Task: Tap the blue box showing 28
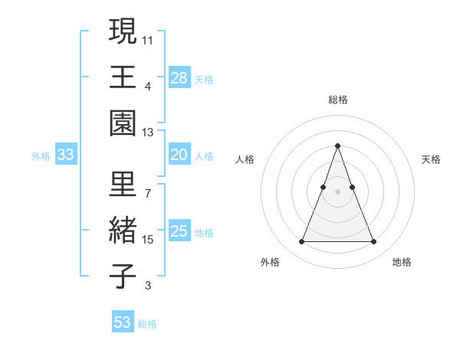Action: pos(179,77)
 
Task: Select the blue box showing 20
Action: pos(179,155)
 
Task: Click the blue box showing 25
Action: pos(179,231)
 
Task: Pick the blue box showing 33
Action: pos(66,155)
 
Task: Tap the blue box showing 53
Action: pos(123,322)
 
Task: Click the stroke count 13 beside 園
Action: pos(147,133)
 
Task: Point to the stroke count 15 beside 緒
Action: pos(147,240)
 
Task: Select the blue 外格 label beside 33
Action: pos(41,156)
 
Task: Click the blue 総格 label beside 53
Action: pos(147,324)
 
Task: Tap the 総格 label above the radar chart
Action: pos(337,100)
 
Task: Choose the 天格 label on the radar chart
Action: pos(431,159)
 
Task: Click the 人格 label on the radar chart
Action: pos(245,159)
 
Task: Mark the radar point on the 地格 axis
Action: pos(373,242)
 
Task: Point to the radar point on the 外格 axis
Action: pos(301,242)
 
